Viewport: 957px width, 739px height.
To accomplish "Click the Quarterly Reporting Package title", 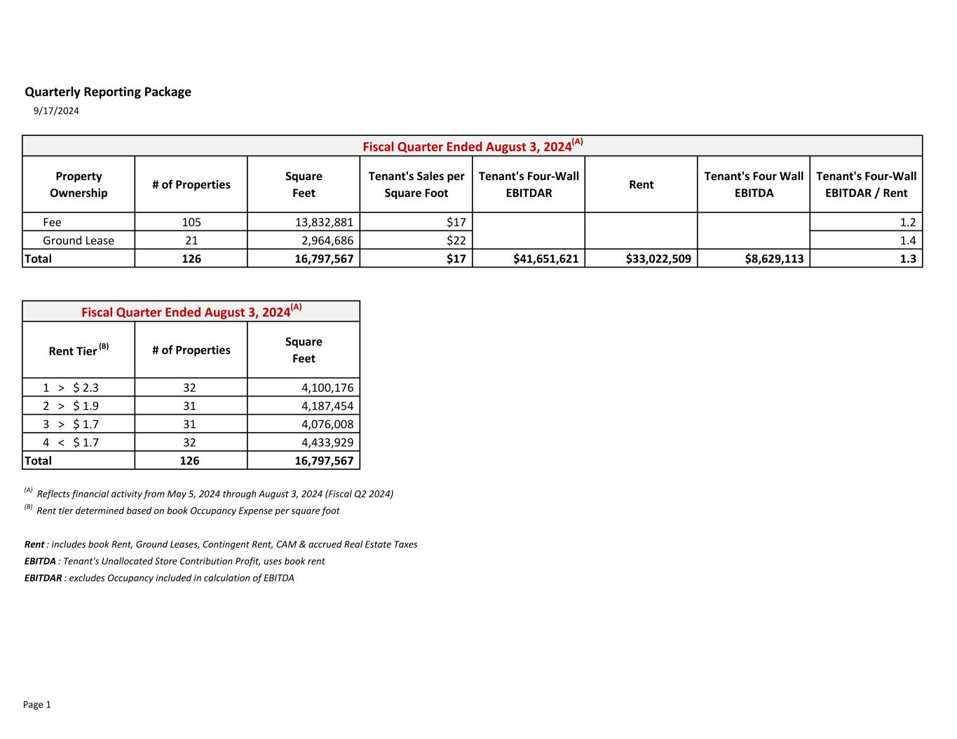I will (x=108, y=92).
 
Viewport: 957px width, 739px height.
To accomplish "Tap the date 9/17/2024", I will (x=56, y=111).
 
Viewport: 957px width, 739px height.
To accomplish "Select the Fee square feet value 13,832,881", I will (x=323, y=222).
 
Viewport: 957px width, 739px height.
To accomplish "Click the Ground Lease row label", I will (x=78, y=240).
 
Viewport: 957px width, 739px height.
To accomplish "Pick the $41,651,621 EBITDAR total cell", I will (x=545, y=258).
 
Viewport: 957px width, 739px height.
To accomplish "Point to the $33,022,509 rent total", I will (x=658, y=258).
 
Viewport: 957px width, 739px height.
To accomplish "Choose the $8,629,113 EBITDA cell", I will (x=773, y=258).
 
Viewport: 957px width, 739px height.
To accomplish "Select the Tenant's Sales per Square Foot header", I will (x=416, y=184).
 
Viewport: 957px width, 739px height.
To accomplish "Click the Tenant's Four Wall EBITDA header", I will (x=754, y=184).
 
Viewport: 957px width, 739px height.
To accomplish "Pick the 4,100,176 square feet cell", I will (x=327, y=387).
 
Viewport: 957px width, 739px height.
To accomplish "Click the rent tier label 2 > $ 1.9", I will (x=70, y=406).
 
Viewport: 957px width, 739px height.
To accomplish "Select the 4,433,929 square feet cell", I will (x=327, y=442).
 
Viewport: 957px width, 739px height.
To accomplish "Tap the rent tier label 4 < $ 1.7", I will (x=70, y=442).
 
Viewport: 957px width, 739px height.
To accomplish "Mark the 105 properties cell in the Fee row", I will (x=191, y=222).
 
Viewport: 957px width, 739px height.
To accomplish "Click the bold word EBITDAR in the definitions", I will (x=43, y=578).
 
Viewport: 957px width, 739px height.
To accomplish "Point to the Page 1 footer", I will (x=37, y=705).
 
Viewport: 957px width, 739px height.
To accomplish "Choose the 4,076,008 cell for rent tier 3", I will (x=327, y=424).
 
